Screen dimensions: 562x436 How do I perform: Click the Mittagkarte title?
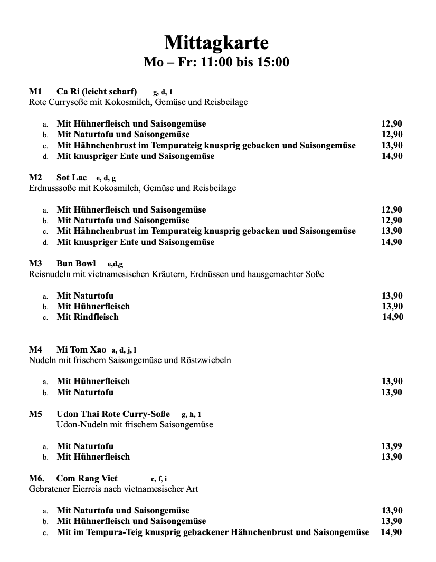point(216,42)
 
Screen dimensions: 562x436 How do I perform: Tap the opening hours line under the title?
point(216,62)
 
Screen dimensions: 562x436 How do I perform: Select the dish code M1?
point(35,91)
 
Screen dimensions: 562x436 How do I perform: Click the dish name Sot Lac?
point(71,177)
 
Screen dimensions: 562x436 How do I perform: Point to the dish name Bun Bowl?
point(76,263)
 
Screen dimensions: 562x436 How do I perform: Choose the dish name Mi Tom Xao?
point(81,349)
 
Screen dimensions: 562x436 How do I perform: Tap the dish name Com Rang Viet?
point(87,479)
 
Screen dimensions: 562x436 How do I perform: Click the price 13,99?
point(392,446)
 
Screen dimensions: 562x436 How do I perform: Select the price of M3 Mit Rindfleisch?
point(393,317)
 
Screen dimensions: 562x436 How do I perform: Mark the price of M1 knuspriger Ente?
point(392,156)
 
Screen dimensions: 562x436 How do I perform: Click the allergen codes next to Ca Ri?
point(163,92)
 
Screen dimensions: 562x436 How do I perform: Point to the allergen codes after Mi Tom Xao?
point(124,350)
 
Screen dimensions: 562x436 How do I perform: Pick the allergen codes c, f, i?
point(159,479)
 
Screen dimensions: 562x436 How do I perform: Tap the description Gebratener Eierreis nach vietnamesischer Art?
point(113,489)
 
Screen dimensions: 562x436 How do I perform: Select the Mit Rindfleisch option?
point(88,317)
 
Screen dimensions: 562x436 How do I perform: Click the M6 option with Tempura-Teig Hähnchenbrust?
point(213,532)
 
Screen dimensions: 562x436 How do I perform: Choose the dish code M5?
point(35,414)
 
